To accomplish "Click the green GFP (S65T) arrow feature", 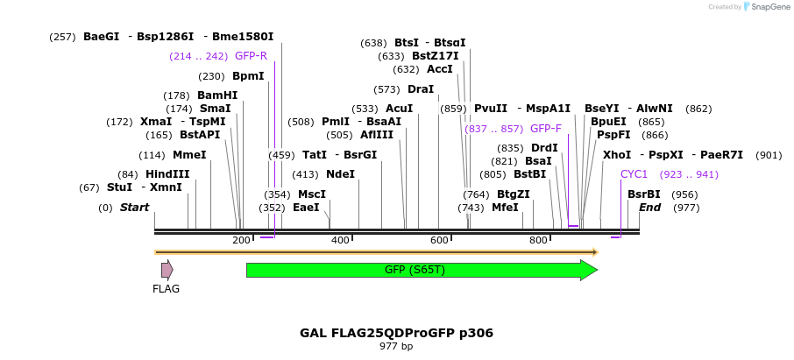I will pyautogui.click(x=415, y=270).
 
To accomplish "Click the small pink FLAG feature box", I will pyautogui.click(x=167, y=270).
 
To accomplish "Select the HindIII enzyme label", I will pyautogui.click(x=167, y=174).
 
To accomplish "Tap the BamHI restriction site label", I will pyautogui.click(x=217, y=95).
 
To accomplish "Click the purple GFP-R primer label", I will pyautogui.click(x=251, y=56).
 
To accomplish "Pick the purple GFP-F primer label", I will pyautogui.click(x=545, y=129).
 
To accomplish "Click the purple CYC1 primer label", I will pyautogui.click(x=634, y=174).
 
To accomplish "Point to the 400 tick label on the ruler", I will pyautogui.click(x=340, y=241).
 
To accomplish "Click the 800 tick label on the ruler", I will pyautogui.click(x=538, y=241).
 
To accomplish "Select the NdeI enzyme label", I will pyautogui.click(x=340, y=174).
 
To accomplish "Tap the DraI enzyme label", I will pyautogui.click(x=421, y=89).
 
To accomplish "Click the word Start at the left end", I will pyautogui.click(x=134, y=208).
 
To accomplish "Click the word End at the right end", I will pyautogui.click(x=649, y=208).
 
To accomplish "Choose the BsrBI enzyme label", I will pyautogui.click(x=643, y=194).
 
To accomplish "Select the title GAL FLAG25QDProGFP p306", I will pyautogui.click(x=396, y=333).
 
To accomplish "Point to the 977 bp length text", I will pyautogui.click(x=396, y=347).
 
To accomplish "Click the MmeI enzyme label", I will pyautogui.click(x=189, y=155).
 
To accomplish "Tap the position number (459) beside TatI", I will pyautogui.click(x=281, y=155).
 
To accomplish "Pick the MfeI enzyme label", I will pyautogui.click(x=505, y=208).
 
